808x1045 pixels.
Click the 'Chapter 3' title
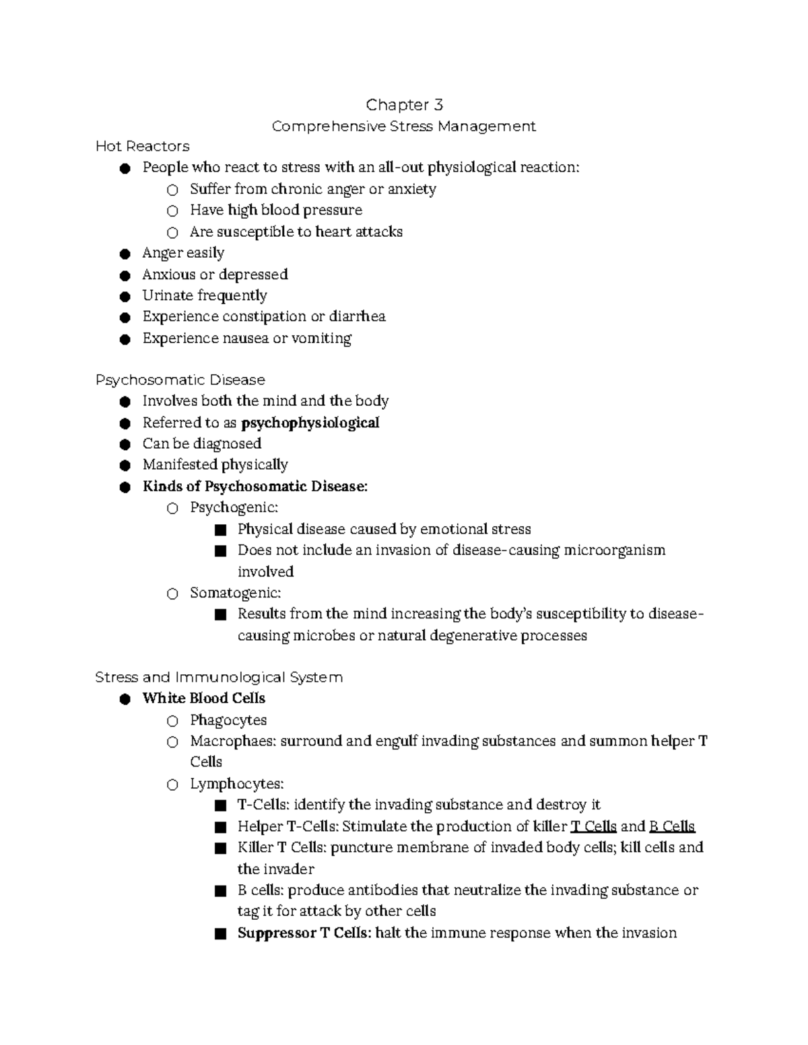click(x=404, y=105)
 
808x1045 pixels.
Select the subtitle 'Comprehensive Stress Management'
click(x=403, y=127)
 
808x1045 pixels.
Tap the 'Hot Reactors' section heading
click(x=142, y=147)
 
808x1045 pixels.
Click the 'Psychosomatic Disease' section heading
click(x=180, y=380)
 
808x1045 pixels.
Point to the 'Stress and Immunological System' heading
click(x=219, y=678)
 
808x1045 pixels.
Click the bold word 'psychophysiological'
click(x=310, y=423)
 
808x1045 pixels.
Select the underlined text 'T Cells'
click(x=593, y=826)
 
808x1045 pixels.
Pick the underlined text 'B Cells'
click(x=671, y=826)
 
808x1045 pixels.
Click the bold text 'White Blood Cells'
click(x=203, y=698)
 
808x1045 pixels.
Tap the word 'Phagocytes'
click(x=228, y=720)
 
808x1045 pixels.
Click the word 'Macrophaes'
click(x=232, y=742)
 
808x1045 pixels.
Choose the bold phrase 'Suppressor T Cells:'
click(x=304, y=933)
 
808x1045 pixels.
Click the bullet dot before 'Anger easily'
click(x=125, y=254)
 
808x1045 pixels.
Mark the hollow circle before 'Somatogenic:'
click(x=172, y=593)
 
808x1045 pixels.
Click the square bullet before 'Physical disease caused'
click(x=220, y=530)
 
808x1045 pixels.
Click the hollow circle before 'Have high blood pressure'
click(x=172, y=211)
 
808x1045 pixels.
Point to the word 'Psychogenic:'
click(x=234, y=507)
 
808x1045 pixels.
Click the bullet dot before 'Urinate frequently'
click(x=125, y=297)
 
